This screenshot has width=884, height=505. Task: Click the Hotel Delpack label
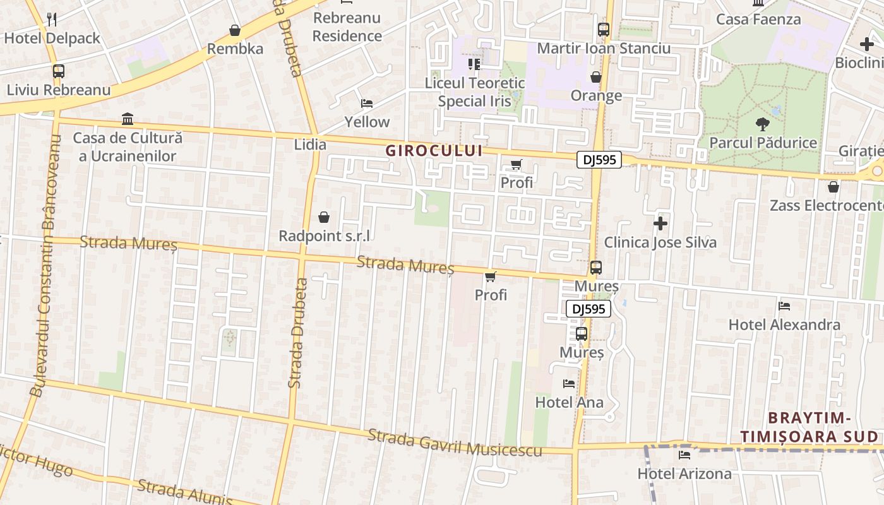click(x=52, y=39)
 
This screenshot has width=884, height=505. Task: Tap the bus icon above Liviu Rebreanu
click(x=59, y=71)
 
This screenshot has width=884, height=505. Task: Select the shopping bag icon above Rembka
click(x=235, y=30)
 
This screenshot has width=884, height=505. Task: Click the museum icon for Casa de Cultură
click(x=128, y=119)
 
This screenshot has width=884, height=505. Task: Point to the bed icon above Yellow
click(x=367, y=104)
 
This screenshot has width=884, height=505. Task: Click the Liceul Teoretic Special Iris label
click(x=474, y=92)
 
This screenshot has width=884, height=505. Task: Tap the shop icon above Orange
click(x=595, y=77)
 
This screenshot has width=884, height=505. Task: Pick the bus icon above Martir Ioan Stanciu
click(x=604, y=30)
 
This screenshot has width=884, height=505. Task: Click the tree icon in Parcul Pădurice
click(x=763, y=124)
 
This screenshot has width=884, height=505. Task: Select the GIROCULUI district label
click(x=434, y=151)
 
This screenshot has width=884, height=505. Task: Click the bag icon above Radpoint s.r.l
click(x=324, y=218)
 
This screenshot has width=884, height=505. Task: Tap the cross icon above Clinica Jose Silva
click(x=660, y=223)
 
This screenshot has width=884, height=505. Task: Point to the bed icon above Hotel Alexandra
click(x=784, y=306)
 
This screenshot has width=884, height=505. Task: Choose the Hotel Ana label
click(x=569, y=402)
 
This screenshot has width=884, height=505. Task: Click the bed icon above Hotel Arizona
click(x=684, y=454)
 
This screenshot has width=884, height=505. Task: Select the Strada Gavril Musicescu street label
click(x=455, y=443)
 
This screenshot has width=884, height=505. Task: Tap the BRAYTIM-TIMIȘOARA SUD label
click(x=809, y=427)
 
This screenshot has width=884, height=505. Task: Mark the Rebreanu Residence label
click(x=347, y=27)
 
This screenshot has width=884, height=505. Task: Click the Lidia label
click(x=310, y=145)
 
